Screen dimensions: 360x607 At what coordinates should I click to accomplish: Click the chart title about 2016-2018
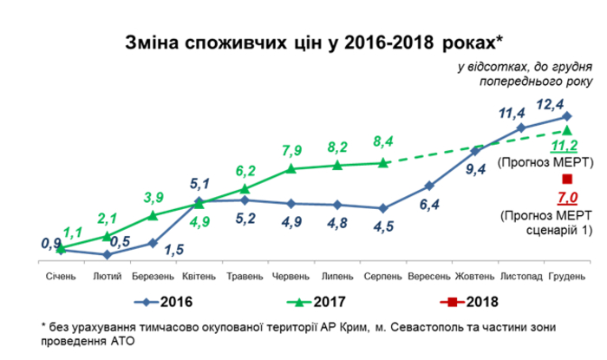[x=303, y=41]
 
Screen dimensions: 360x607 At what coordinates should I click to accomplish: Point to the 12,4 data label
[x=551, y=104]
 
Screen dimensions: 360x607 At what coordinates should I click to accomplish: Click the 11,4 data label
[x=512, y=113]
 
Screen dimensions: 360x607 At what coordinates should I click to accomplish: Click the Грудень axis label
[x=567, y=276]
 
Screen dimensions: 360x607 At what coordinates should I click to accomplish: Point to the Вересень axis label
[x=428, y=276]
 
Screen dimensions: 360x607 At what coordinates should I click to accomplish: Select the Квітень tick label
[x=199, y=276]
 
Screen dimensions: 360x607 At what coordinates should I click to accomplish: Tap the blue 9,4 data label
[x=475, y=169]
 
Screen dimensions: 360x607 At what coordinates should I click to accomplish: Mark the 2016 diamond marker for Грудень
[x=567, y=115]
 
